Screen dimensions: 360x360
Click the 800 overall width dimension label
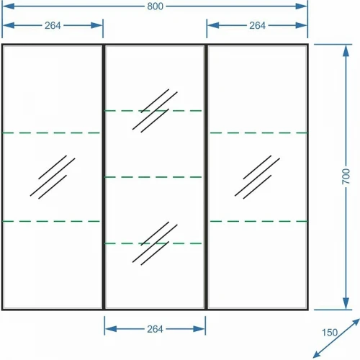pos(155,6)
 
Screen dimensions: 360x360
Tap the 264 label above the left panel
pos(53,25)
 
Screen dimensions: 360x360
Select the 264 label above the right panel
pos(257,25)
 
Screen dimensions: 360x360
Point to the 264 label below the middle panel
pos(155,329)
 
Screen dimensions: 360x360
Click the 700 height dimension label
pos(346,176)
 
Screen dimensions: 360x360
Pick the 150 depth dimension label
pos(330,333)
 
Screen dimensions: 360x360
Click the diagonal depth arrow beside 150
pos(336,338)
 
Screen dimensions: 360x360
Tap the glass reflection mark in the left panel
pos(53,177)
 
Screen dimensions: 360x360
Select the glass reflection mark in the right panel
pos(257,177)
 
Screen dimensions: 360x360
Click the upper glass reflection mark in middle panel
pos(155,111)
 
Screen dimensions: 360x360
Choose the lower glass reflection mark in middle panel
pos(155,243)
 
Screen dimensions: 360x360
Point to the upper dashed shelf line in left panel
pos(51,132)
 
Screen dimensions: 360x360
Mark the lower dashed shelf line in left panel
pos(51,221)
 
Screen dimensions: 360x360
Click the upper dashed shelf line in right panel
pos(258,132)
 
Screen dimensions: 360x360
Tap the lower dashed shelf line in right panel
pos(258,221)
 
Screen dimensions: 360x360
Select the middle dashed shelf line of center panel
pos(153,177)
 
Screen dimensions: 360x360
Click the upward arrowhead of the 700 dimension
pos(346,51)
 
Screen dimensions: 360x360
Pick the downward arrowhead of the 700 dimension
pos(346,303)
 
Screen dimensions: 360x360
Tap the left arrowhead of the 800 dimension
pos(9,6)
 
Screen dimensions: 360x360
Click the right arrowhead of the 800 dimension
pos(302,6)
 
